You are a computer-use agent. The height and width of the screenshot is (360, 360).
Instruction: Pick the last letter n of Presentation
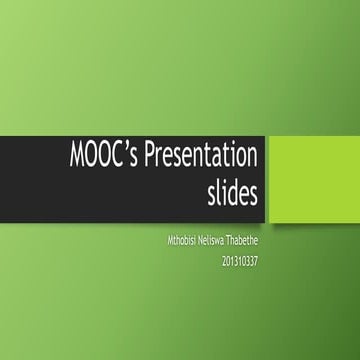[x=253, y=161]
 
